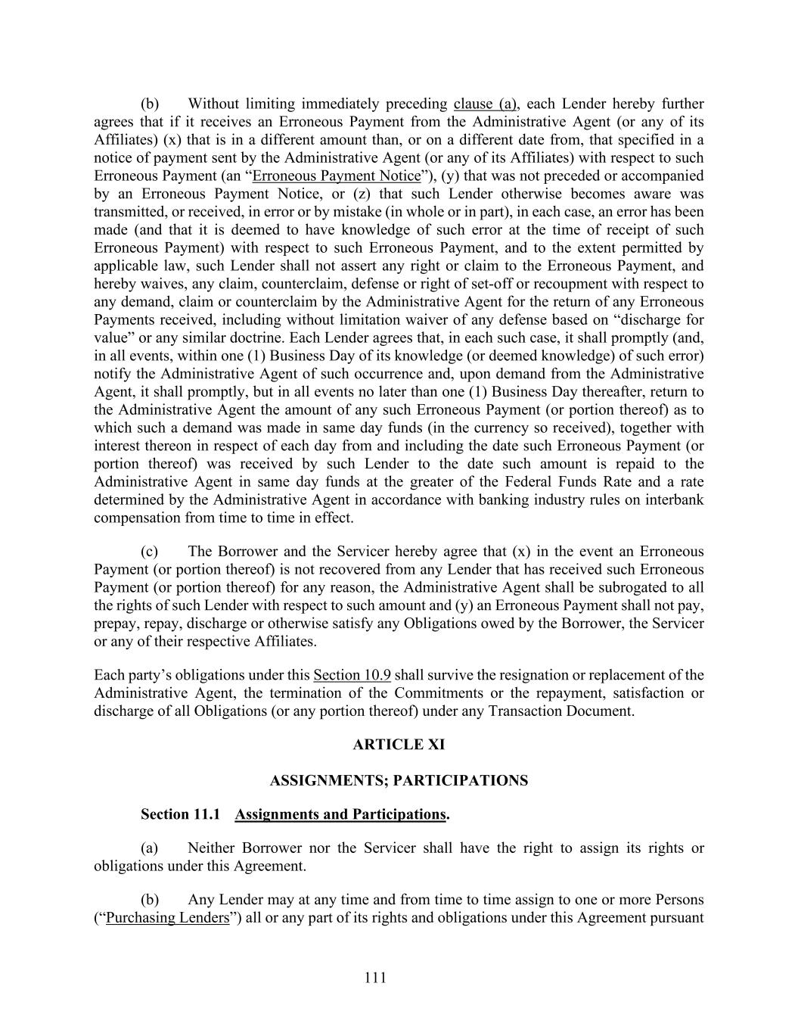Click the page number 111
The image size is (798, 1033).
coord(375,978)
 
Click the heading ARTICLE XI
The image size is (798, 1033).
coord(399,745)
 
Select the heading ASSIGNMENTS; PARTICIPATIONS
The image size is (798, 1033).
coord(399,780)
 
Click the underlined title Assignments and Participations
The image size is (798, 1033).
coord(340,814)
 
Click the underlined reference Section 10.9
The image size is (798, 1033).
coord(352,675)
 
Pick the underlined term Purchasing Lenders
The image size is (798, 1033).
coord(167,918)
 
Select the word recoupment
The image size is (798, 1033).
coord(573,285)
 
